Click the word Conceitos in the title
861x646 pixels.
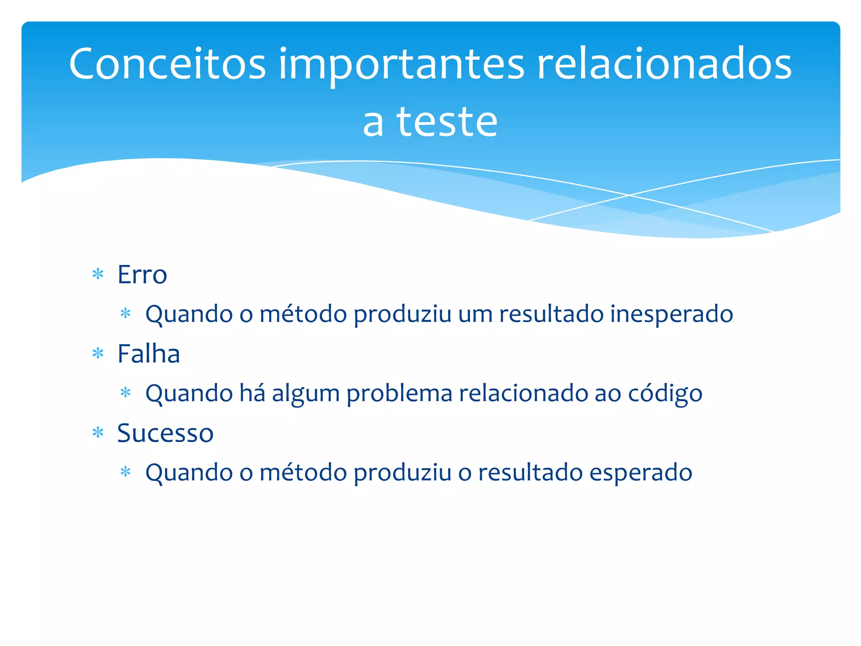[x=167, y=64]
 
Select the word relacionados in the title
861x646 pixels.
[x=664, y=64]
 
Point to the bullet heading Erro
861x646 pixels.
[x=142, y=275]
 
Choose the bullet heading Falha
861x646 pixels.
[x=148, y=354]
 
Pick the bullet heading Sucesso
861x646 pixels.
[x=165, y=433]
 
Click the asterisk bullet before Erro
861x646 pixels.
[x=98, y=275]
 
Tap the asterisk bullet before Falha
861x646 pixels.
[x=98, y=354]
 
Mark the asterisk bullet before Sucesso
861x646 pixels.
[x=98, y=433]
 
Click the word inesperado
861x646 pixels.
[x=671, y=314]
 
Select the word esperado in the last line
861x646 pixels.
[x=641, y=472]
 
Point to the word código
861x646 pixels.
[x=665, y=394]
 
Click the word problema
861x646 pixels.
[x=399, y=394]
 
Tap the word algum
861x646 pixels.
[x=306, y=394]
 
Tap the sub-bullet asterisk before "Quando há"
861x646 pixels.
[x=125, y=393]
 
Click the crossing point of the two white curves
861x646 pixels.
[x=629, y=195]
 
